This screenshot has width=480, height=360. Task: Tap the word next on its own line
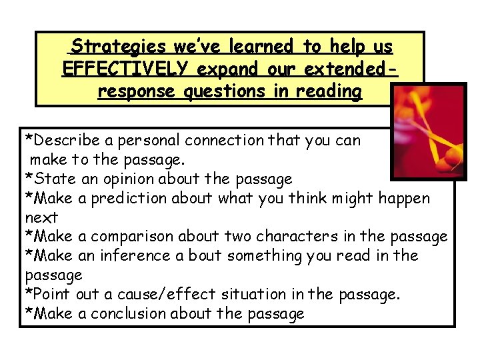point(41,218)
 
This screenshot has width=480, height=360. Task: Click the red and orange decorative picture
point(429,131)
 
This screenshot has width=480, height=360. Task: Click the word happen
point(404,199)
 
